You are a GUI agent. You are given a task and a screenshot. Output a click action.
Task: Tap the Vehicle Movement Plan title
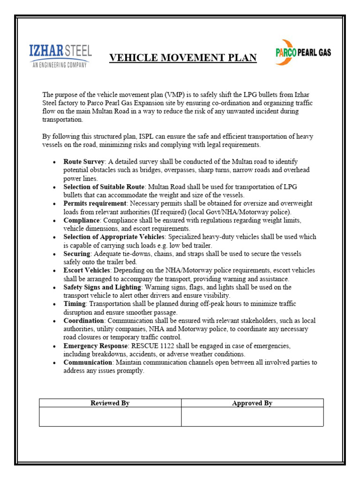coord(183,58)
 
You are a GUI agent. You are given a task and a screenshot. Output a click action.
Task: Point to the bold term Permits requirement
coord(95,203)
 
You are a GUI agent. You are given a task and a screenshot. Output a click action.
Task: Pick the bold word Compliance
coord(82,220)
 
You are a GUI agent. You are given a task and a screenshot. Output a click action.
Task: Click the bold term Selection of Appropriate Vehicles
coord(114,237)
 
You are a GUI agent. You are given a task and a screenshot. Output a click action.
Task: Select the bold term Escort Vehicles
coord(87,270)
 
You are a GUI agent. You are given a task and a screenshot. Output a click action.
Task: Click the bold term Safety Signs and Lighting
coord(102,287)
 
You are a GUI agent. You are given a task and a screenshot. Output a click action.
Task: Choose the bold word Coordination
coord(84,321)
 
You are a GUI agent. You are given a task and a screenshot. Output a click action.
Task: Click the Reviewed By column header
coord(110,403)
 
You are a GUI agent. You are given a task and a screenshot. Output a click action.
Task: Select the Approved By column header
coord(252,403)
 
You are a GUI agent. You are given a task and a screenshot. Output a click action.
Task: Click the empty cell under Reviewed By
coord(110,417)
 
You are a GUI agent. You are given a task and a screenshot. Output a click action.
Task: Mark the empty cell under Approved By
coord(252,417)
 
